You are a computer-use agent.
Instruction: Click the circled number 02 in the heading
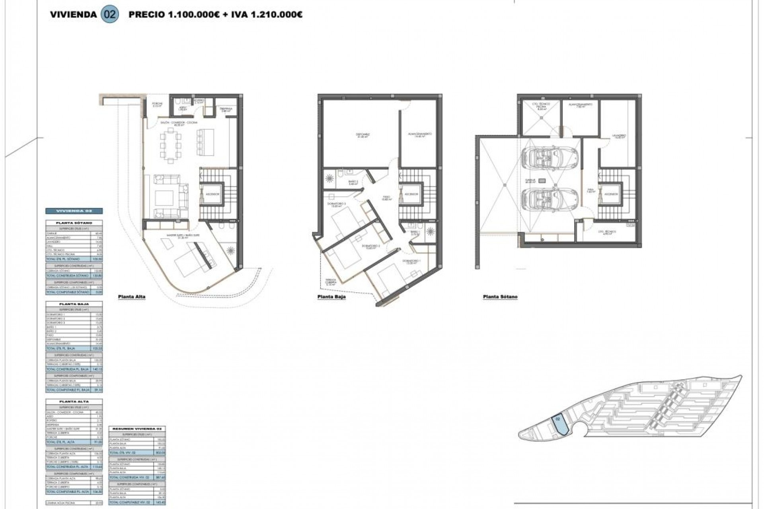coord(110,15)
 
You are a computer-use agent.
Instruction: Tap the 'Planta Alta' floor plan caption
coord(132,297)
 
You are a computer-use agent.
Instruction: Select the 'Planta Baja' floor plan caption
coord(331,297)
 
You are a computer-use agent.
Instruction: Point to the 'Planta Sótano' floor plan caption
coord(500,297)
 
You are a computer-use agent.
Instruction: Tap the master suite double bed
coord(190,260)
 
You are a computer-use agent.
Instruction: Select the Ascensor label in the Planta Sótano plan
coord(611,194)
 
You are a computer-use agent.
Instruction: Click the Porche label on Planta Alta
coord(158,105)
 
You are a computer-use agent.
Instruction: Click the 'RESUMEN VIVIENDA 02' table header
coord(137,429)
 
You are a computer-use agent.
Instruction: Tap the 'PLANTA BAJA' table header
coord(74,304)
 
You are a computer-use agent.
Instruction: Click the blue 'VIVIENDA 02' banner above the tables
coord(74,211)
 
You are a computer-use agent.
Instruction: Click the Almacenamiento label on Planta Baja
coord(420,134)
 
